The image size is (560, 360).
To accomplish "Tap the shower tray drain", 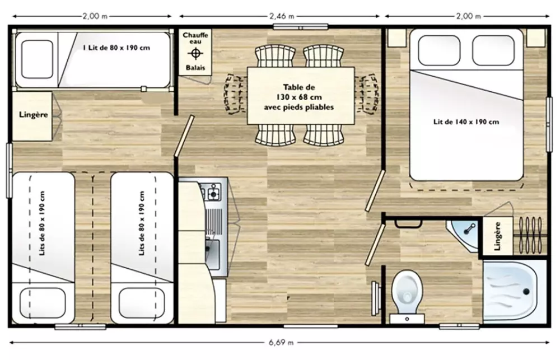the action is coord(526,292).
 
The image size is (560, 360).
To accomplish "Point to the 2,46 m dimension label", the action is coord(282,16).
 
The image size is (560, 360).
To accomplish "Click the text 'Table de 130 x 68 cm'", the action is coord(299,92).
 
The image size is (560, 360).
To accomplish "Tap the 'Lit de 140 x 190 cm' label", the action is coord(466,122).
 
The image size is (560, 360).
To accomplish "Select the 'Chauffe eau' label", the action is coord(195,38).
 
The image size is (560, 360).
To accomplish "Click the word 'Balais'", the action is coord(195,68).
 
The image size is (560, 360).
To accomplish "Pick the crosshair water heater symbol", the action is coord(195,54).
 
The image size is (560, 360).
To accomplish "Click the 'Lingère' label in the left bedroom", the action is coord(34,115).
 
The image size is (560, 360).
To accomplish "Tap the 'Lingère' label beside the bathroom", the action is coord(497,236).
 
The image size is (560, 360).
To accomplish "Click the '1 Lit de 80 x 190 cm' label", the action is coord(116,48).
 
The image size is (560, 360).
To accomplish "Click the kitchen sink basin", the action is coord(212,254).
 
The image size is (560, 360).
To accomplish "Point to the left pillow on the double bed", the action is coord(439,50).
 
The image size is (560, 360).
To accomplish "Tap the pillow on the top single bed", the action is coord(37,59).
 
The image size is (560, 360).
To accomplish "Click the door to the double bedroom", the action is coord(375,191).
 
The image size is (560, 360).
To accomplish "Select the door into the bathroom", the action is coord(375,245).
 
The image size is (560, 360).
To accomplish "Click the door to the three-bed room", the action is coord(184,135).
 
